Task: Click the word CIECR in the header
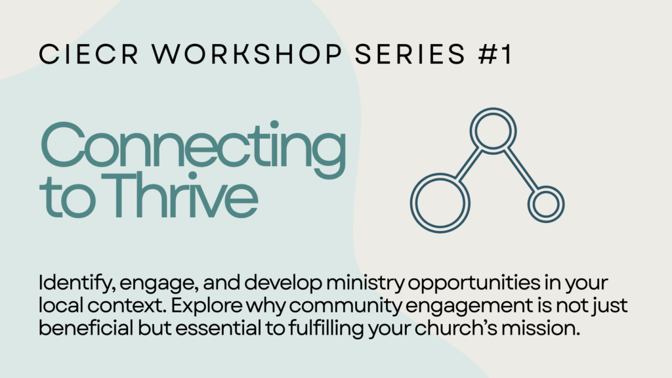tap(89, 54)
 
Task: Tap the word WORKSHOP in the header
tap(247, 54)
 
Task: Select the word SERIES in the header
tap(410, 54)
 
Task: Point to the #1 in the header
tap(495, 54)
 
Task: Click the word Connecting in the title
tap(194, 149)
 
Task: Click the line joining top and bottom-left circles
tap(468, 165)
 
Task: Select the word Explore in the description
tap(207, 306)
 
